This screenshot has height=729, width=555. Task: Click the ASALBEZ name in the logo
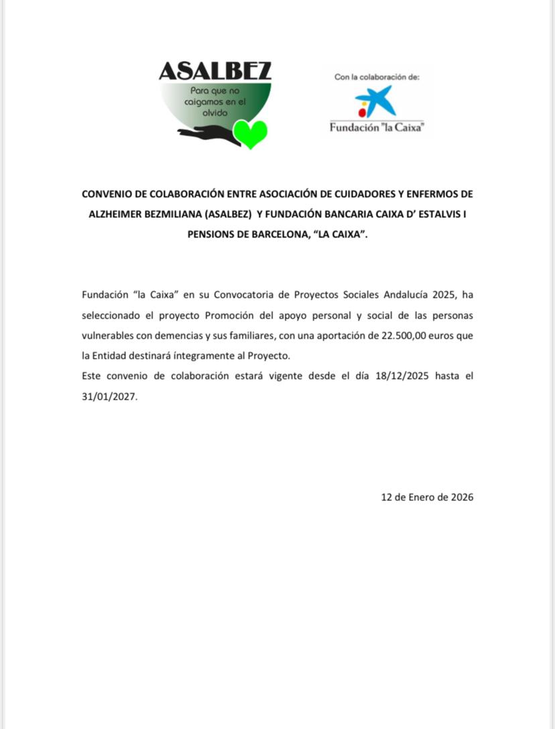click(215, 70)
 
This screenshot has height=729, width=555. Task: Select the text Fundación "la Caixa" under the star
click(377, 127)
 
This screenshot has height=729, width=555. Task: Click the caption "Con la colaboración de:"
click(377, 77)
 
